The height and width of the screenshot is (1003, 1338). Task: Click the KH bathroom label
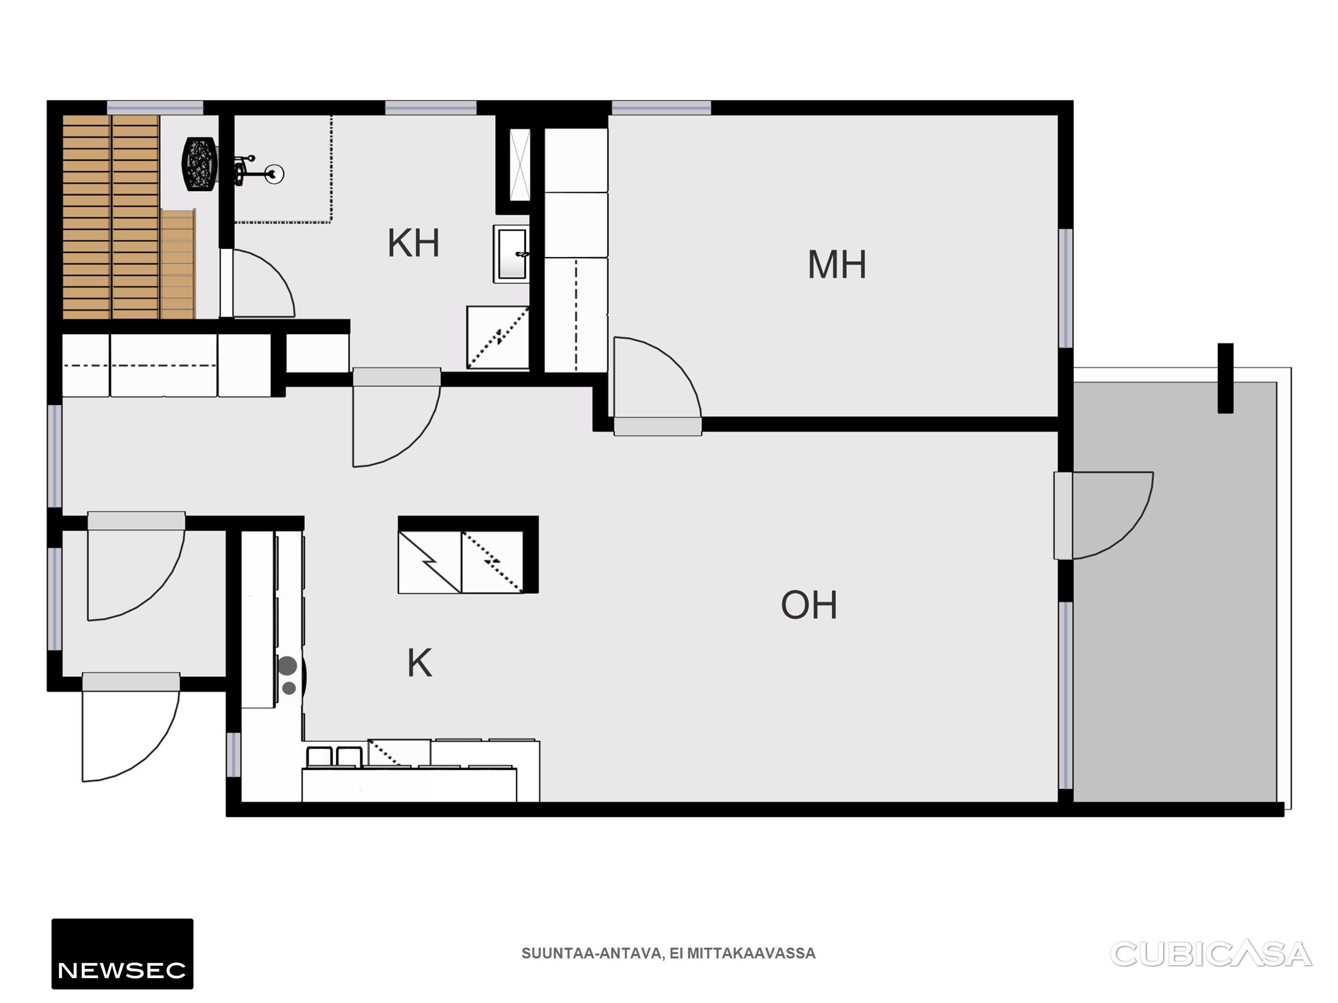point(413,243)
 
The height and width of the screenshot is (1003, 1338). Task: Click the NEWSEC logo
point(122,954)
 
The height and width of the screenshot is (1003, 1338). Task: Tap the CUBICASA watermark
point(1211,954)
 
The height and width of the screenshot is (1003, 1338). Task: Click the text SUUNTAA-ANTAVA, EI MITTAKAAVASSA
point(669,954)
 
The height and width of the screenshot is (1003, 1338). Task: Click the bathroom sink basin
point(512,254)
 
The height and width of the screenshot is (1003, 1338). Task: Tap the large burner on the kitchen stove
point(287,666)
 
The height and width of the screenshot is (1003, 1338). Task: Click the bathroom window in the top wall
point(431,108)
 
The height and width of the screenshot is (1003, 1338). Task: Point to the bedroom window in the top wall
point(661,108)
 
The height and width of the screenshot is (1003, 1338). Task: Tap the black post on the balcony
point(1225,378)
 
